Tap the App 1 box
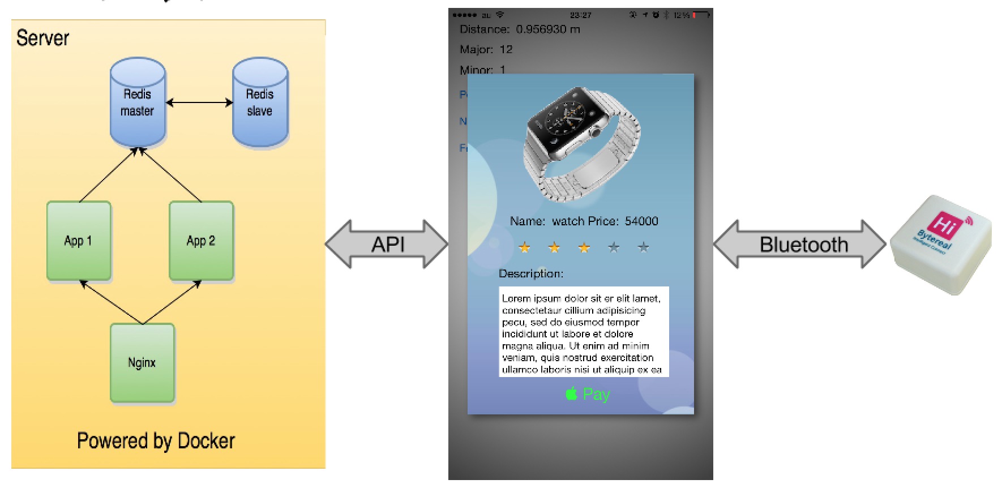78,241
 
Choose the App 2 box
201,241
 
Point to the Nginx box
142,362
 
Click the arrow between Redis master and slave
199,102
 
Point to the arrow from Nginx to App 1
112,302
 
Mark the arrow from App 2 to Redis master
170,175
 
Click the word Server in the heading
42,38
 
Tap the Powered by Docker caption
156,440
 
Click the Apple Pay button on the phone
588,394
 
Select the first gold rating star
525,247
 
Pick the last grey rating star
643,247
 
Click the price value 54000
641,221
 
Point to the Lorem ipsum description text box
584,332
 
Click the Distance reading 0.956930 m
547,29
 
